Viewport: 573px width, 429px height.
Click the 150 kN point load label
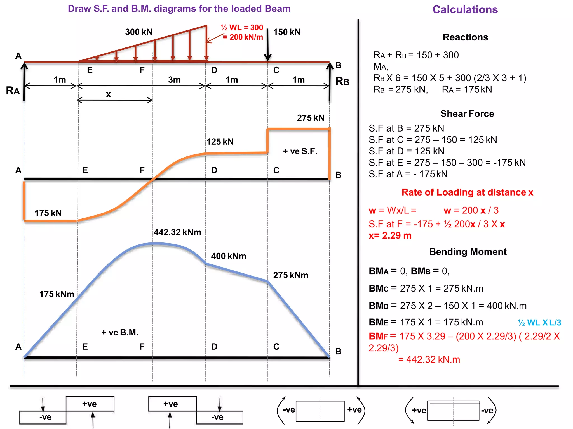point(287,32)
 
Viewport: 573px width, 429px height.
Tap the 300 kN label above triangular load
point(139,32)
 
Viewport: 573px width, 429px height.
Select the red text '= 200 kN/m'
point(243,37)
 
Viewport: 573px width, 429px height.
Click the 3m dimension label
point(174,80)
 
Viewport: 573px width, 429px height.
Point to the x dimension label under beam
point(108,94)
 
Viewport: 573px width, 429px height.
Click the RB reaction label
point(342,82)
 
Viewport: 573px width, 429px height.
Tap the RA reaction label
point(13,91)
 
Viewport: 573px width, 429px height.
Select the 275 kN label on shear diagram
point(311,118)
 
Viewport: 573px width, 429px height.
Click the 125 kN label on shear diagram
point(220,142)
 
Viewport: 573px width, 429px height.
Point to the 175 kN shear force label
point(48,213)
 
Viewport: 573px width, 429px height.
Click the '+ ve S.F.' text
point(300,151)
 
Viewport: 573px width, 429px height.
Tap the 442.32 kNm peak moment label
point(177,232)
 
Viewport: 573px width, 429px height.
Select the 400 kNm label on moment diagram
point(229,256)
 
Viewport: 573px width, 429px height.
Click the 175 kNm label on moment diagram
point(57,294)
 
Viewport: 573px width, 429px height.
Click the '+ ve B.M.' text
point(120,333)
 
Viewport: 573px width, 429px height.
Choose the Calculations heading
point(465,10)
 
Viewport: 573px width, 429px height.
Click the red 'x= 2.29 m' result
point(390,236)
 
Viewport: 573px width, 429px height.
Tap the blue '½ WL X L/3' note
point(539,323)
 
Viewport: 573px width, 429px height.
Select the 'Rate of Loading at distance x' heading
point(467,192)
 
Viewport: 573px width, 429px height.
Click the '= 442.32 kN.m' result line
point(429,359)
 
